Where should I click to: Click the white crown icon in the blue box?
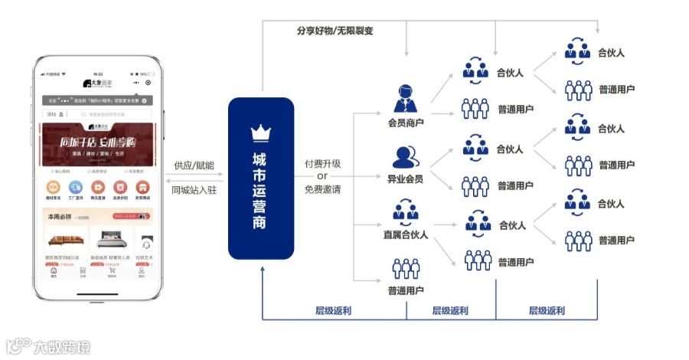[x=260, y=132]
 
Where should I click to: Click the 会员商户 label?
[x=406, y=123]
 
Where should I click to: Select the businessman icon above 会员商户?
[x=406, y=99]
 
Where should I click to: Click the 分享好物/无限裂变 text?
[x=335, y=31]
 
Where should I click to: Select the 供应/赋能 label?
[x=194, y=165]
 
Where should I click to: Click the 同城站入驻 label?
[x=194, y=189]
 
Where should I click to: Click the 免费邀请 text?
[x=322, y=189]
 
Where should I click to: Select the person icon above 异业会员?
[x=406, y=156]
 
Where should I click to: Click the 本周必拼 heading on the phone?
[x=59, y=217]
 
